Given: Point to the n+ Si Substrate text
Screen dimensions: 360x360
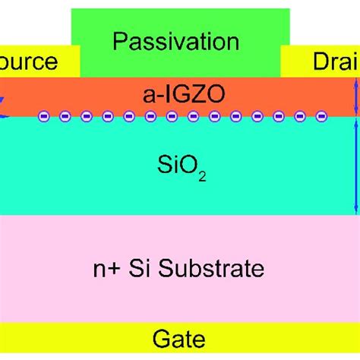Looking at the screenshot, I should coord(179,268).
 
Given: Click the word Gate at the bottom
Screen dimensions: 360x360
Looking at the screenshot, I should coord(179,336).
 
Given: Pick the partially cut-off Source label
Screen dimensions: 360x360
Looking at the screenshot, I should coord(28,62).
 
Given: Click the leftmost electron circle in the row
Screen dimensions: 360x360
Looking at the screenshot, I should coord(44,117).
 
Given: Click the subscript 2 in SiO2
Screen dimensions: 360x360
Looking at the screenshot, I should coord(202,175).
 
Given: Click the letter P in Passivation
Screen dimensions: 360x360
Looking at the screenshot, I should coord(119,42).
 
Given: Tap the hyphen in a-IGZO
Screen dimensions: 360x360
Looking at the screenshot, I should coord(154,95).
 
